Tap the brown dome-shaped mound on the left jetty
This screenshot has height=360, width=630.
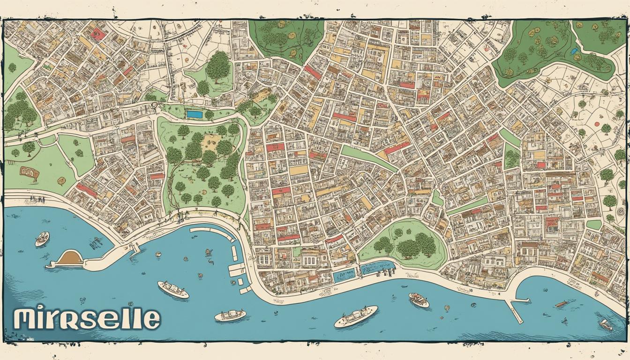click(x=70, y=257)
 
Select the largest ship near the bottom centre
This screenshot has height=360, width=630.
click(x=356, y=316)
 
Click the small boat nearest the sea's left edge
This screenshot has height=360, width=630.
click(x=42, y=239)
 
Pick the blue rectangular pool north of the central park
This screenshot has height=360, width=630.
click(x=194, y=114)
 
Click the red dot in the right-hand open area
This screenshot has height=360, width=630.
click(x=596, y=125)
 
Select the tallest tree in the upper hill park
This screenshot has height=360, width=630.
click(x=218, y=67)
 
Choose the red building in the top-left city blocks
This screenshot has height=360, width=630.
click(x=98, y=33)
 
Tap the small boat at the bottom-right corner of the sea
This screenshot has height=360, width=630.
click(x=606, y=324)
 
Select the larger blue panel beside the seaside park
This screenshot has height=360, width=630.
click(x=377, y=268)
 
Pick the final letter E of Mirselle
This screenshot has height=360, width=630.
click(x=150, y=319)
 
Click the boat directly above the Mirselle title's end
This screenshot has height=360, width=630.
click(x=173, y=290)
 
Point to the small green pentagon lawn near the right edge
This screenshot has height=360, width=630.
click(x=594, y=225)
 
